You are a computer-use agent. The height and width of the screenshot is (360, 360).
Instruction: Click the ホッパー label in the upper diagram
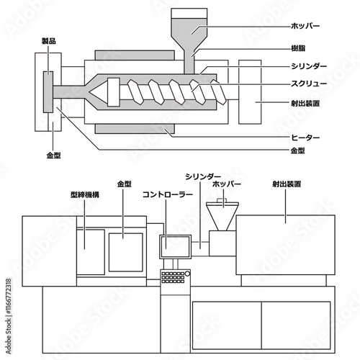(305, 26)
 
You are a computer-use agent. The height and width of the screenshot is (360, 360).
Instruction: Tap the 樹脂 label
(298, 48)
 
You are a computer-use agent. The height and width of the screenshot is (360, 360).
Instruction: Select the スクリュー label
(309, 84)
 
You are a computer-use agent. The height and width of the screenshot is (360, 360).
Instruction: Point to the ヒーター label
(305, 138)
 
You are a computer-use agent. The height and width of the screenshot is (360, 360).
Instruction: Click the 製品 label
(49, 41)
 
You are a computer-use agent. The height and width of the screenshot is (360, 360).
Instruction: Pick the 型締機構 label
(85, 194)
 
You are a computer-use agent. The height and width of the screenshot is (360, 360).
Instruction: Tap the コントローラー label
(168, 194)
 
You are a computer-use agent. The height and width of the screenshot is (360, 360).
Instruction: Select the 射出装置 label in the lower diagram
(287, 184)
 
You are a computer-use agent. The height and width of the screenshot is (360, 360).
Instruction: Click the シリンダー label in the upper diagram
(309, 66)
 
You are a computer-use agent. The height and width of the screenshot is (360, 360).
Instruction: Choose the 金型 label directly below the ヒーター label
(298, 150)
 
